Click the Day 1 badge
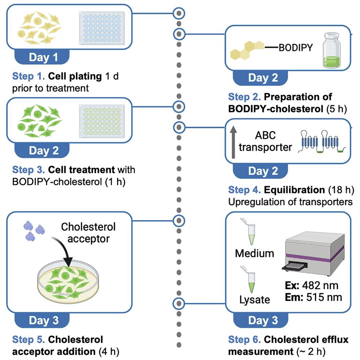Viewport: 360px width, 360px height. [43, 57]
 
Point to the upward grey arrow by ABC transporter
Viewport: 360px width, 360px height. [232, 141]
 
